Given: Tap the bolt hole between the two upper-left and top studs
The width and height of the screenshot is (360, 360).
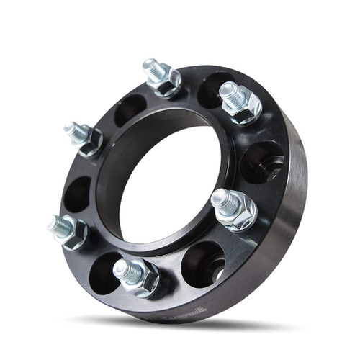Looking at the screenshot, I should [x=129, y=109].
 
